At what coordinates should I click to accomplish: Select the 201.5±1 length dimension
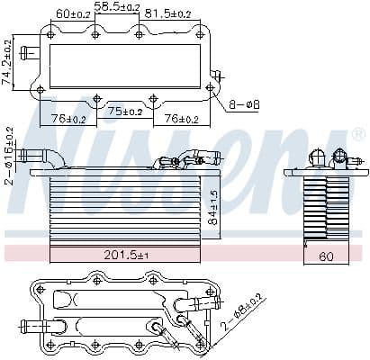click(x=127, y=256)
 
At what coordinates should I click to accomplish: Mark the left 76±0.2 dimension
click(x=68, y=119)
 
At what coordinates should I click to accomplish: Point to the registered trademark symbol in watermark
click(x=338, y=135)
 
